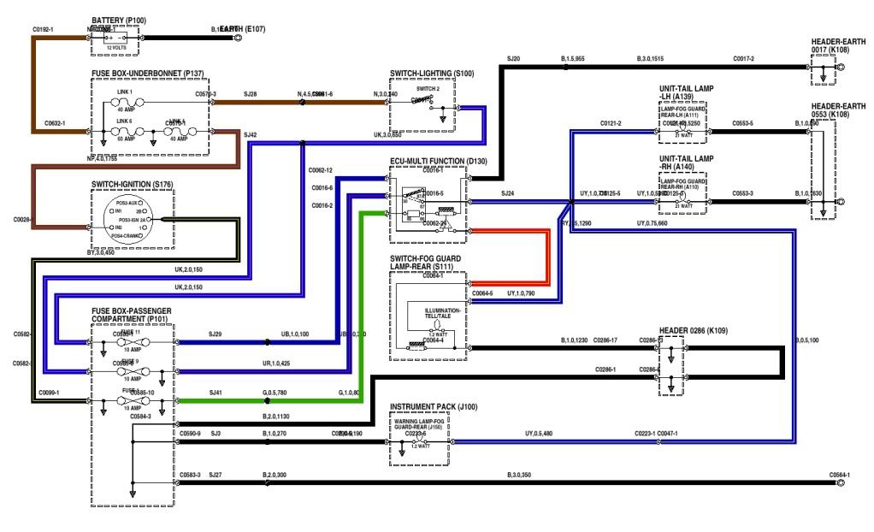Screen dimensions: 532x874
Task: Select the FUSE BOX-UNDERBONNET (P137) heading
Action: pos(147,74)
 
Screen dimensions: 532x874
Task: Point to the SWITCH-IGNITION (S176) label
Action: pos(132,184)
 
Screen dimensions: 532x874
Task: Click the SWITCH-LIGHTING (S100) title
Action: pos(431,74)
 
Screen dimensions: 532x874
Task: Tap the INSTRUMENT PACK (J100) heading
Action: pos(434,407)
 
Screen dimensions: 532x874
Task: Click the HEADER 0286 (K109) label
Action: pos(694,329)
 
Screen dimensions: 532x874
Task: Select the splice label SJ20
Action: pos(513,58)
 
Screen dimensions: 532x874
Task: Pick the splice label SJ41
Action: pos(216,393)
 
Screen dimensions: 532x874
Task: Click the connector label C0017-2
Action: pos(743,58)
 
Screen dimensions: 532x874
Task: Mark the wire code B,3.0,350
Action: pos(519,474)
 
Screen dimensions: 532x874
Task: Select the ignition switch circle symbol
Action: pos(132,220)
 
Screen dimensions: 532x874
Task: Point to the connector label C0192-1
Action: pos(44,30)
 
